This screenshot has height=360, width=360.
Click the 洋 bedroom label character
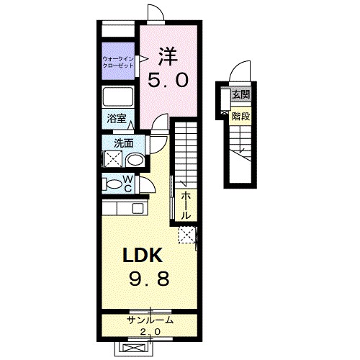coord(168,57)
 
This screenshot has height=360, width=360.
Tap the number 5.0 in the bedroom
coord(168,81)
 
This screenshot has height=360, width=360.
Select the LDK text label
coord(143,255)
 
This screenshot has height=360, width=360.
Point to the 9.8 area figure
coord(149,279)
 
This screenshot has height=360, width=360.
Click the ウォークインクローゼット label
coord(118,62)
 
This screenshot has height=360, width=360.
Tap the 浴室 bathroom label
coord(117,119)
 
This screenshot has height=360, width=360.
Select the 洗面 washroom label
coord(124,143)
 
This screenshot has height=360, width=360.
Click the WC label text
coord(128,184)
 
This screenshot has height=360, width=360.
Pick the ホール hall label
coord(186,206)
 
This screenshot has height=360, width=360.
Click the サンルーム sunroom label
coord(150,320)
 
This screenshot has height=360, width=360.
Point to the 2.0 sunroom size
coord(150,332)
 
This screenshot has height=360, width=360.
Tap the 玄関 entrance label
coord(240,95)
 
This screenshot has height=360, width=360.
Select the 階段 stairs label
coord(240,117)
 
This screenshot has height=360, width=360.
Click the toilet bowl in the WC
coord(114,184)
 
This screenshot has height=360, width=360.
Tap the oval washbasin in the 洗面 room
coord(135,161)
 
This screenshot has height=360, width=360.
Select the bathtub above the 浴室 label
coord(118,97)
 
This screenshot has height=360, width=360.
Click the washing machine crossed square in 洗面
coord(112,158)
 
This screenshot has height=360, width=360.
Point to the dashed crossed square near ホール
coord(186,235)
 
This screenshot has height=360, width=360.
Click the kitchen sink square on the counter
coord(138,208)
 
